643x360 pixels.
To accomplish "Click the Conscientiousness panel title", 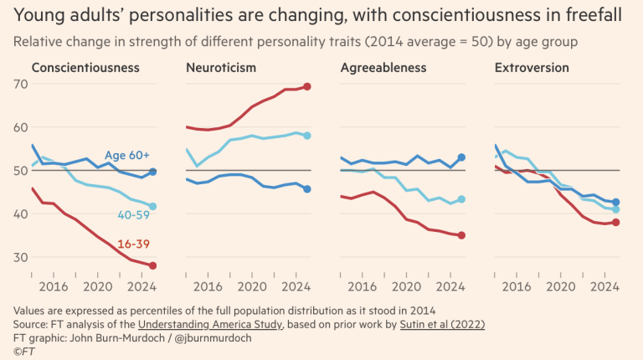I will click(85, 68).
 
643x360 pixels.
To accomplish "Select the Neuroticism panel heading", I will click(221, 68).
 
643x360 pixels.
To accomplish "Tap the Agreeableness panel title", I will click(383, 68).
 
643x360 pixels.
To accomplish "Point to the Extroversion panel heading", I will click(532, 68).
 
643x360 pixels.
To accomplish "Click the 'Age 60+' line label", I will click(127, 155).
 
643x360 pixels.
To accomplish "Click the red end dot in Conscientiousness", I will click(152, 265).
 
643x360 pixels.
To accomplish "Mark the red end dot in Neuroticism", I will click(307, 86).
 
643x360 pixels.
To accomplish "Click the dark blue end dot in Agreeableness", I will click(461, 157).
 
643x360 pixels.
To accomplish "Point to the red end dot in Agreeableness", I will click(461, 235).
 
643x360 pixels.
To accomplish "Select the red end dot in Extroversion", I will click(615, 222).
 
